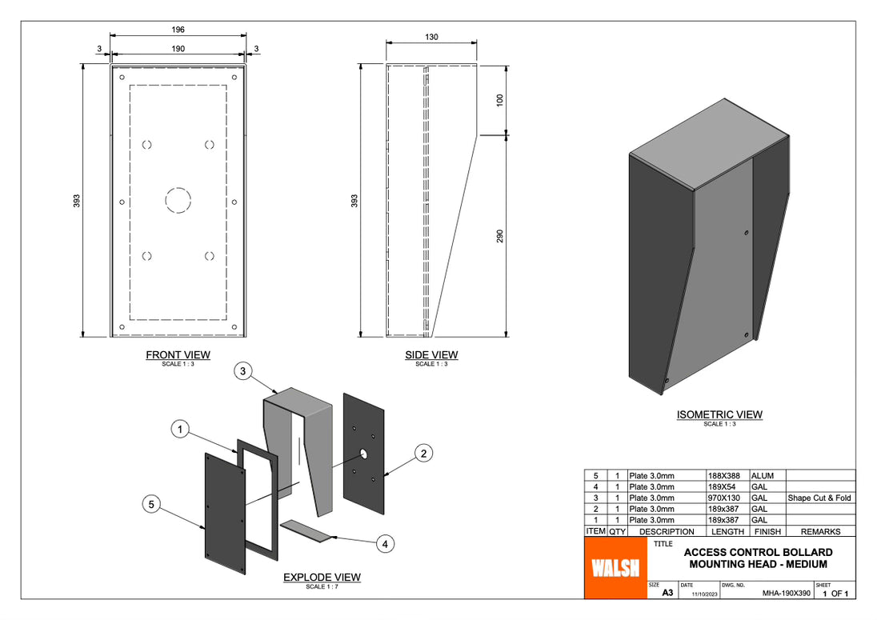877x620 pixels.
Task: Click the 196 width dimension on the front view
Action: [178, 30]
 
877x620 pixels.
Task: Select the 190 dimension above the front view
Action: [178, 49]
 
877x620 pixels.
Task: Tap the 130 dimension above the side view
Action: [431, 37]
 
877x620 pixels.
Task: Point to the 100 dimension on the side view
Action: [500, 101]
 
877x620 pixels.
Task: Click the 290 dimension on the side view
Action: [500, 237]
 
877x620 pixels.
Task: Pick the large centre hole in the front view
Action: [178, 199]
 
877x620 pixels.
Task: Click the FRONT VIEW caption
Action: [178, 354]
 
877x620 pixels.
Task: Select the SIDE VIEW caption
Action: [431, 354]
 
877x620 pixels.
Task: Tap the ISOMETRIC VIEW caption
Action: [719, 414]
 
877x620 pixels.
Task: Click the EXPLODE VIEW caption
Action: [322, 577]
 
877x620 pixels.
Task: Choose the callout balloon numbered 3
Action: [245, 370]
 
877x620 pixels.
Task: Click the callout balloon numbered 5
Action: [153, 504]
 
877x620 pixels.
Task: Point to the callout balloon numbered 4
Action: [386, 544]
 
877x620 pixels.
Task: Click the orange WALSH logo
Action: [615, 567]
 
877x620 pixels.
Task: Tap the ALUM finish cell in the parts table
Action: [762, 475]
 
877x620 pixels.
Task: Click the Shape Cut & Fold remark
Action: [819, 498]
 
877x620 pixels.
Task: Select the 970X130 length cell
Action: [726, 498]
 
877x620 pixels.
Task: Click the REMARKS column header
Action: [820, 531]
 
